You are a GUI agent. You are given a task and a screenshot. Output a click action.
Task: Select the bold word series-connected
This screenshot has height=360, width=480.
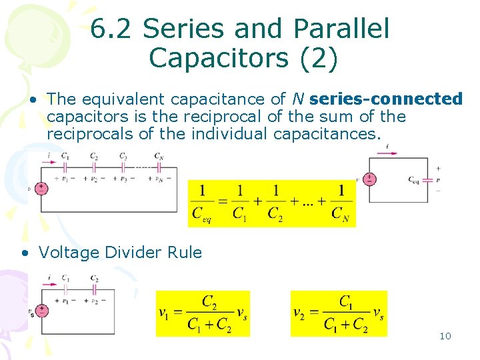click(386, 99)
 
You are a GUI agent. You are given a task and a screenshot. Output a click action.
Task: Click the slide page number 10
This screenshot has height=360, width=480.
click(445, 336)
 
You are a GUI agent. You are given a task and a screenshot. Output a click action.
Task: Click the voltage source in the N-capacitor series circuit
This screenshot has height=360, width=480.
click(41, 188)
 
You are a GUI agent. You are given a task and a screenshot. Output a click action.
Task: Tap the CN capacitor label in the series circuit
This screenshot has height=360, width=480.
click(159, 157)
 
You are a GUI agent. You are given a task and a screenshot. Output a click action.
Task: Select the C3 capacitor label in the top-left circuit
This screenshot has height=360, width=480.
click(123, 157)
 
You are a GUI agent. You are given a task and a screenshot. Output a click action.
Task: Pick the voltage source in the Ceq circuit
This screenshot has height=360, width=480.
click(369, 179)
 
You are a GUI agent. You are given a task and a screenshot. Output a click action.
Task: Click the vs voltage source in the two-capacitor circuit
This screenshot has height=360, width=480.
click(41, 310)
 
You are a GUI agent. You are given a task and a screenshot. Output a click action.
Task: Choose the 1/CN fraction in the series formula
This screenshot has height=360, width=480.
click(341, 202)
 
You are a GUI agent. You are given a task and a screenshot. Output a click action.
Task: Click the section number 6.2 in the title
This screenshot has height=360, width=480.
click(111, 29)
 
